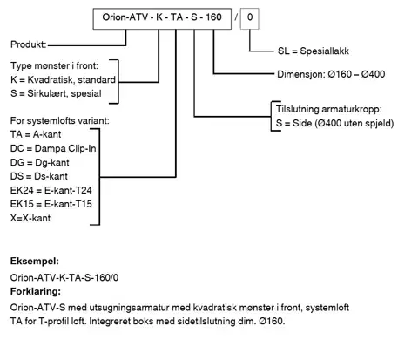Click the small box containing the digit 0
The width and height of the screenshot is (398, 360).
point(250,18)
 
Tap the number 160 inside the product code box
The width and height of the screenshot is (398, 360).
point(213,17)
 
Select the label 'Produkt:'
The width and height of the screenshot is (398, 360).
point(29,44)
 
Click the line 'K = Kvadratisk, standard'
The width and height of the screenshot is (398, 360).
point(63,79)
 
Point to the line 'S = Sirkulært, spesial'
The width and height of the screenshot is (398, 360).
point(56,93)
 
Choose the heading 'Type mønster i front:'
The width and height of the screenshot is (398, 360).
point(54,65)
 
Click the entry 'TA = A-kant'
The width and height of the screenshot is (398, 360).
point(36,134)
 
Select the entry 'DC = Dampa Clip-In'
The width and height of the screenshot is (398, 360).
point(53,148)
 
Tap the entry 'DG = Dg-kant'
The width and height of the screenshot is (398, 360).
point(40,162)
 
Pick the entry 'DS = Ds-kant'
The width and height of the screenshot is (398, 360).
point(39,176)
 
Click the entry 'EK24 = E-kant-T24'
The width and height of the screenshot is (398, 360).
point(51,190)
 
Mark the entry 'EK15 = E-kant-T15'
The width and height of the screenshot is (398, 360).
point(51,204)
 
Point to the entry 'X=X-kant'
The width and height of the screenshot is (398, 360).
point(30,218)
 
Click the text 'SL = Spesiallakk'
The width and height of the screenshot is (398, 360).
point(314,51)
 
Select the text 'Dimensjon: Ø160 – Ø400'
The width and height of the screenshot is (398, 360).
point(331,74)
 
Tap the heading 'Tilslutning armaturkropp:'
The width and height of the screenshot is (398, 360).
point(329,109)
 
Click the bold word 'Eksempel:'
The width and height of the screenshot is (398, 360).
point(35,262)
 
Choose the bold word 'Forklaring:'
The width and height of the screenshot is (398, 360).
point(36,291)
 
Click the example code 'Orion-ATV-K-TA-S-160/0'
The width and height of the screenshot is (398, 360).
point(64,278)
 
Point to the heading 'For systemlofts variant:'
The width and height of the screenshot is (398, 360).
point(60,120)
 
